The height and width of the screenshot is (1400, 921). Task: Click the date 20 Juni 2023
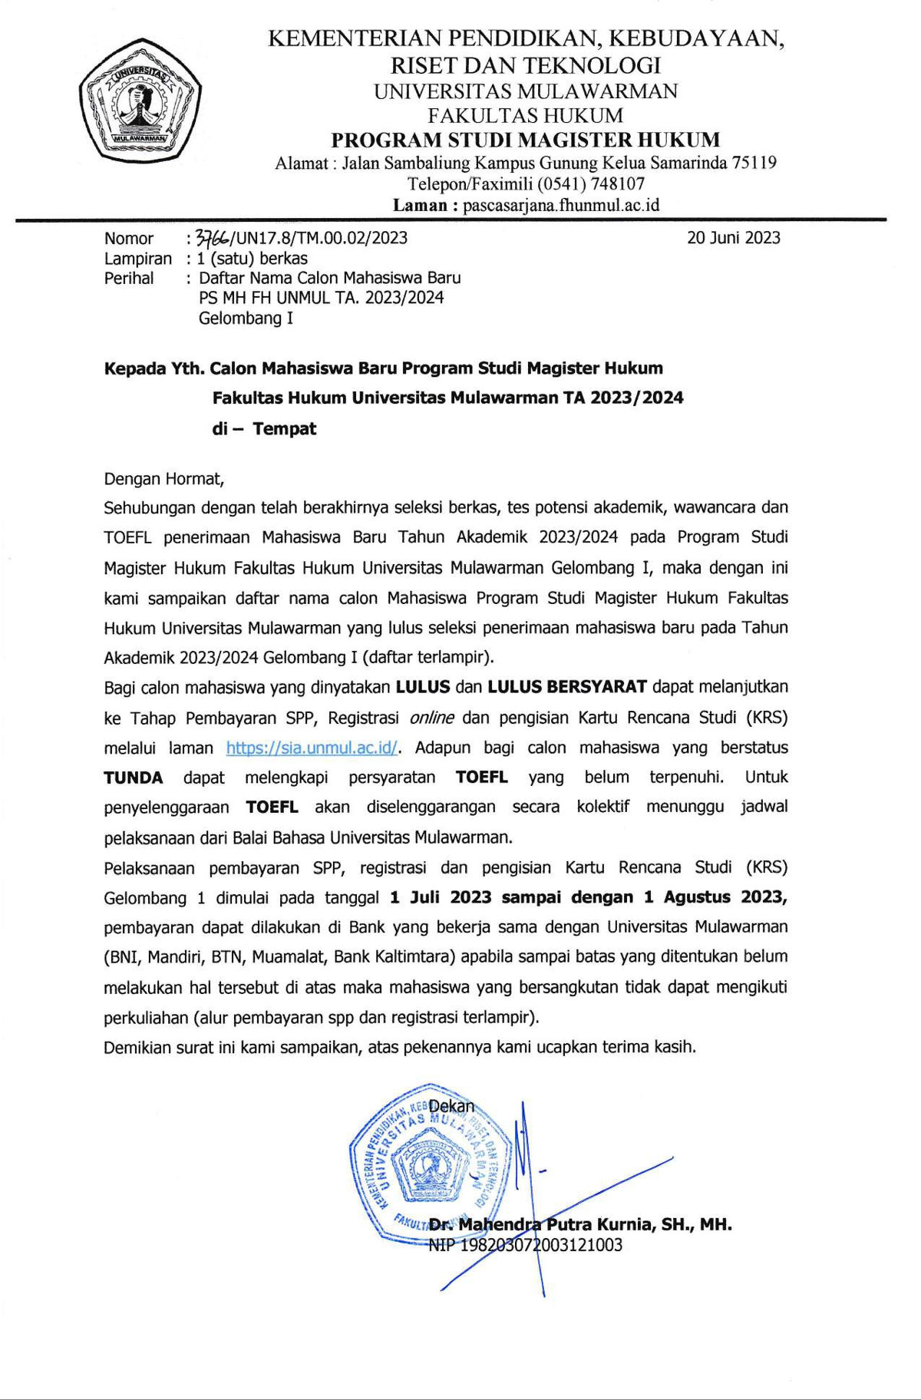(733, 238)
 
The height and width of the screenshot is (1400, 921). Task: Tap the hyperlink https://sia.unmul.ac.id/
(312, 748)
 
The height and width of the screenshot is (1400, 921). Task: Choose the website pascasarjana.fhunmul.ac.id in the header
(561, 205)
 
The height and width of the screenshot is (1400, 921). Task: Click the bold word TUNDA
(134, 778)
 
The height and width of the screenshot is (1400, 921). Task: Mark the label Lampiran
(138, 259)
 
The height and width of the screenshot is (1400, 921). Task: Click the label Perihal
(129, 278)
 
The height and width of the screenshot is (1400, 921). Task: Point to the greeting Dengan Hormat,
(164, 479)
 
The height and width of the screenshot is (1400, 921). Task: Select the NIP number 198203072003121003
(540, 1245)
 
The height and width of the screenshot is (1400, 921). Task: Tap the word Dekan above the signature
(451, 1106)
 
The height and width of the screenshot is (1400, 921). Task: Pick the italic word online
(431, 718)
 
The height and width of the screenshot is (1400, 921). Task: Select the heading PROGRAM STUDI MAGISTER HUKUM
(525, 140)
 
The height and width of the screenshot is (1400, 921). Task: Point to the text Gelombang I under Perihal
(246, 318)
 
